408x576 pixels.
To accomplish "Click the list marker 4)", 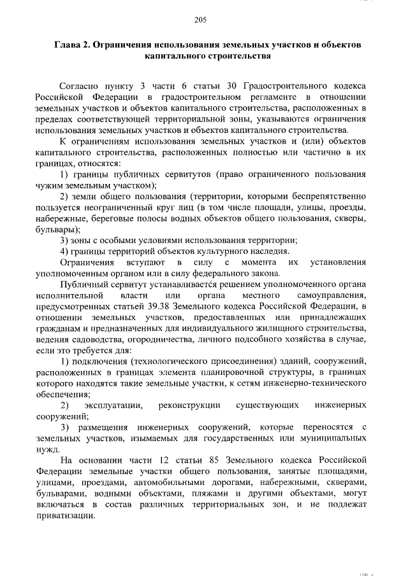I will pos(64,251).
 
